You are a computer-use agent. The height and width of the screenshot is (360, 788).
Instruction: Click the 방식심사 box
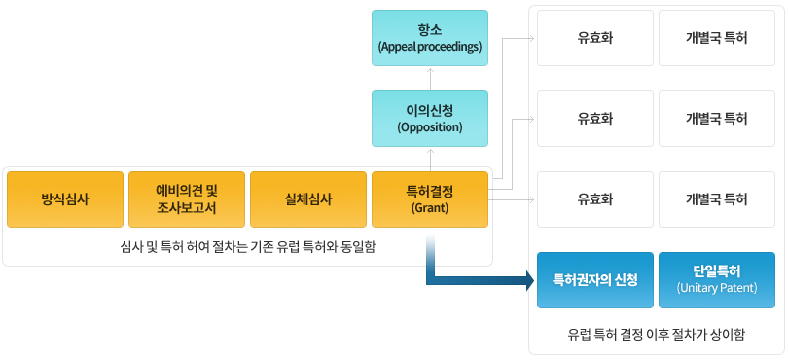coord(65,199)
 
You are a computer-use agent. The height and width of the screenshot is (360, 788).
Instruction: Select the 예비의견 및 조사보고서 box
coord(187,199)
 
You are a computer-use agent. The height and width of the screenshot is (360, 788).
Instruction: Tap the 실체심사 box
coord(308,199)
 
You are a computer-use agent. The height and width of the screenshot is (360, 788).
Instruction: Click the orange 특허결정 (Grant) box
coord(430,199)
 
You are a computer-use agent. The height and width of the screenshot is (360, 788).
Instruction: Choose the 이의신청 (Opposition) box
coord(430,119)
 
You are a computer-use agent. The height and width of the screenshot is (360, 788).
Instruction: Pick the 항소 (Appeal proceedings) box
coord(430,38)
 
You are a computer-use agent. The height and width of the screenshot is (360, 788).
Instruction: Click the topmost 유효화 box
coord(595,38)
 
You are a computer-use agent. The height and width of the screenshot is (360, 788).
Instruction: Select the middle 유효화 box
coord(595,119)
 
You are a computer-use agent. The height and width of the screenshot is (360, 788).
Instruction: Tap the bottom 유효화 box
coord(595,199)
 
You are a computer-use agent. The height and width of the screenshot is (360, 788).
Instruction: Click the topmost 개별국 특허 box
coord(717,38)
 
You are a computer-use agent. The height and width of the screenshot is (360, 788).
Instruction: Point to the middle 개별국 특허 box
coord(717,119)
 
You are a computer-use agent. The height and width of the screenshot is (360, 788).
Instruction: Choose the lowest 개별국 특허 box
coord(717,199)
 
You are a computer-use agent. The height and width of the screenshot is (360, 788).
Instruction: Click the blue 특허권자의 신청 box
coord(595,280)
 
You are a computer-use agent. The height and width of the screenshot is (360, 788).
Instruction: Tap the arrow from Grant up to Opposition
coord(430,159)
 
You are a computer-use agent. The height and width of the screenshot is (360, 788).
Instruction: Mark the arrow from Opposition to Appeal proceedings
coord(430,78)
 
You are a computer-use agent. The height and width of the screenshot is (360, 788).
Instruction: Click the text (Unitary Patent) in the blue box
coord(717,289)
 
